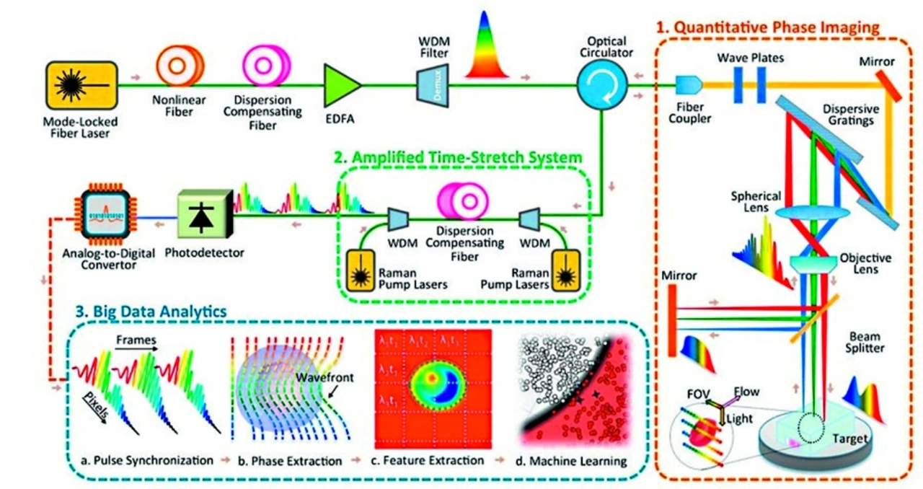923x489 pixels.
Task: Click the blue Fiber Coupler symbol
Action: click(x=688, y=86)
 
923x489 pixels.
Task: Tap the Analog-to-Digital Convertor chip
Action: click(x=107, y=213)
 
